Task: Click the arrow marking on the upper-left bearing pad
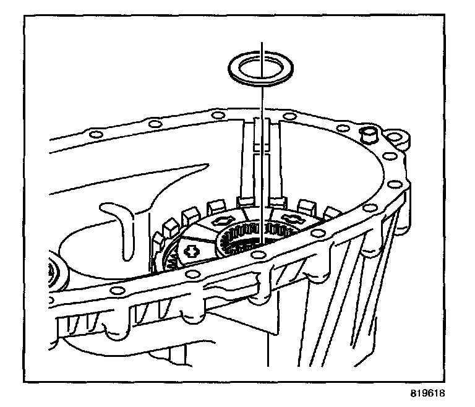point(222,220)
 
